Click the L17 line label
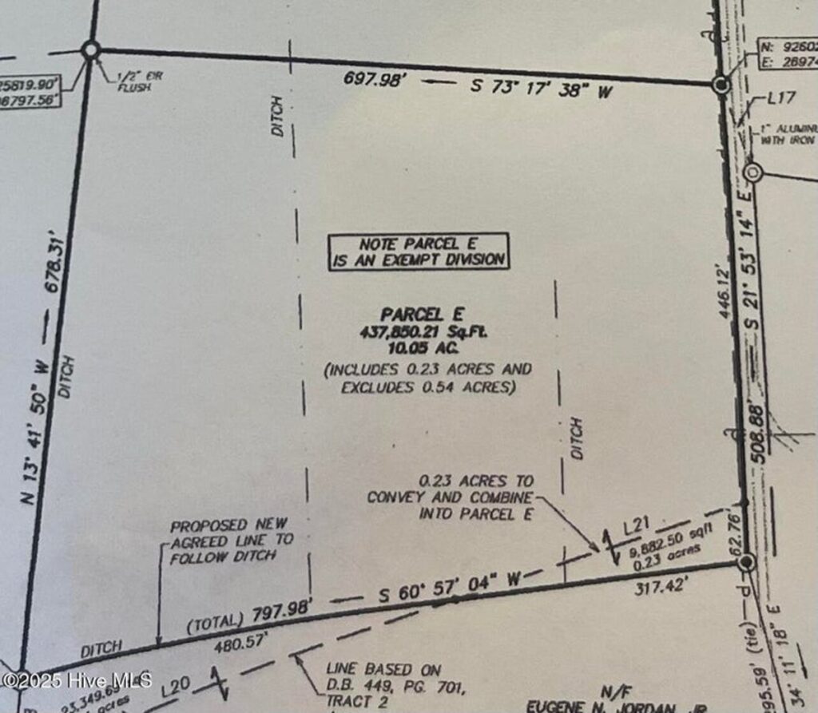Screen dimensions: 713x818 click(780, 99)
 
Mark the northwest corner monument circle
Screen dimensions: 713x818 click(90, 51)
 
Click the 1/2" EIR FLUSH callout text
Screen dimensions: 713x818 click(135, 81)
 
